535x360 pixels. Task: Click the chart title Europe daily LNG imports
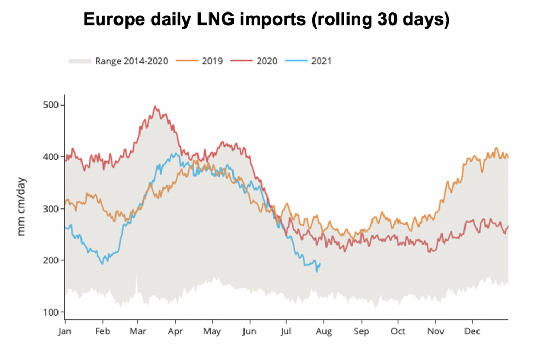tap(266, 20)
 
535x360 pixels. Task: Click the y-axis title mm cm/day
tap(22, 207)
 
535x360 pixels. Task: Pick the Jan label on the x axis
tap(65, 331)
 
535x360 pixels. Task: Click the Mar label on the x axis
tap(137, 331)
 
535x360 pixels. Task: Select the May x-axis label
tap(212, 331)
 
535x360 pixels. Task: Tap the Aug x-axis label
tap(324, 331)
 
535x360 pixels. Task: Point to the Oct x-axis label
tap(398, 331)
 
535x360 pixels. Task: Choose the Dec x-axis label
tap(472, 331)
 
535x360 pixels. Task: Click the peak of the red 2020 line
tap(155, 106)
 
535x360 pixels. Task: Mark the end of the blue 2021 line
tap(320, 263)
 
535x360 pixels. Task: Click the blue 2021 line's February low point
tap(102, 264)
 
